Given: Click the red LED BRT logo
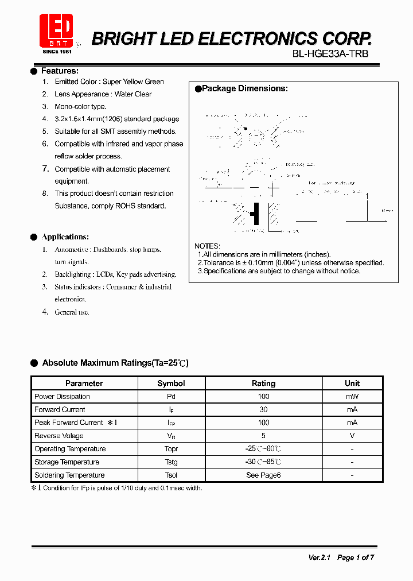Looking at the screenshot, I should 56,30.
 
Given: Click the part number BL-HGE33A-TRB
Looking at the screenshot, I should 330,54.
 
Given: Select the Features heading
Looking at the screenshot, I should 60,71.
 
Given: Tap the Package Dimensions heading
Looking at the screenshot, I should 245,88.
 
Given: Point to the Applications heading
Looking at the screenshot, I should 65,237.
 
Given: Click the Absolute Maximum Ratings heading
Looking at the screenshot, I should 115,363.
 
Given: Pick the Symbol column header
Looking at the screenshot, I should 171,383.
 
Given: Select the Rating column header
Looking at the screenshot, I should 263,383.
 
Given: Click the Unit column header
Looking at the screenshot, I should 352,383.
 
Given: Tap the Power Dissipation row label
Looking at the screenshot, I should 62,397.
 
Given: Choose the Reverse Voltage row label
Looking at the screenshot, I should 59,436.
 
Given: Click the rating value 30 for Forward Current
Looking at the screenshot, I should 263,409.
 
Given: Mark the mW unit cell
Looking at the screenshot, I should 352,397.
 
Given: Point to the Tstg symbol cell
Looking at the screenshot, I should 171,462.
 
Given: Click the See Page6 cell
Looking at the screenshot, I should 263,475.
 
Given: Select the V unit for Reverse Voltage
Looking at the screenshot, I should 352,436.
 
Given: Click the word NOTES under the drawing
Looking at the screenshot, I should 207,246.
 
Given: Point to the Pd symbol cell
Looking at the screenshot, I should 171,397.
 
